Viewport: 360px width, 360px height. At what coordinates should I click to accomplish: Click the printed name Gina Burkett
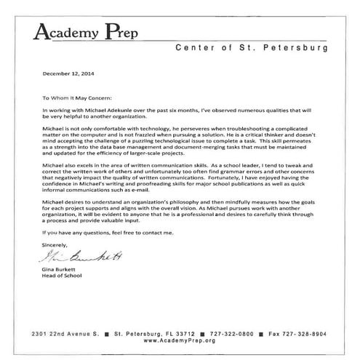(x=56, y=269)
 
